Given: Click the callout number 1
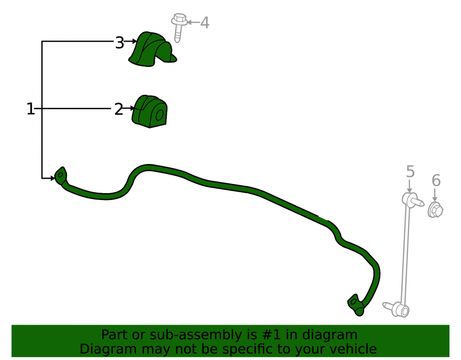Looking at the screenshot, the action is (x=30, y=109).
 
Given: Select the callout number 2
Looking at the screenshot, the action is (x=118, y=109).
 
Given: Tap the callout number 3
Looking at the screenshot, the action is (x=119, y=43).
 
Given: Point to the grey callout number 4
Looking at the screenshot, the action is (x=205, y=23).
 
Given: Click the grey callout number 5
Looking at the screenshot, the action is (x=410, y=171).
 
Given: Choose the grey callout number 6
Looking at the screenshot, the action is (x=436, y=180).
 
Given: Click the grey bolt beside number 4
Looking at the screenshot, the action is (x=179, y=27).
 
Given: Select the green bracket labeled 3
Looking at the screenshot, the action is (x=152, y=49).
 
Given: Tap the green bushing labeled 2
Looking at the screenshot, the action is (x=149, y=112).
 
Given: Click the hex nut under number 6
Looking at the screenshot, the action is (x=436, y=210).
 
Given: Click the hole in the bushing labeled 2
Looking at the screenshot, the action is (x=160, y=115).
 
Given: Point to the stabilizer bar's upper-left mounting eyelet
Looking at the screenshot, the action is (x=61, y=176).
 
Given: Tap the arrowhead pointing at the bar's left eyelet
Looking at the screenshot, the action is (x=53, y=178).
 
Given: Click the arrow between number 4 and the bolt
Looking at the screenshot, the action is (x=194, y=22).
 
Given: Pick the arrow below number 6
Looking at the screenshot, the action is (x=435, y=195).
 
